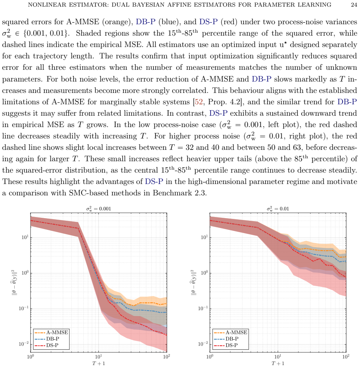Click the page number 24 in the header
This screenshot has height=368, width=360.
click(x=354, y=5)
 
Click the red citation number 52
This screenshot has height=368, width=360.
click(x=198, y=102)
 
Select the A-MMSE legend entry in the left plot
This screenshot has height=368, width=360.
click(x=51, y=332)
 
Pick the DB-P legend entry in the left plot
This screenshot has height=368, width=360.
click(x=47, y=339)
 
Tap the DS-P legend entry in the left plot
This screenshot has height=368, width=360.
click(x=47, y=345)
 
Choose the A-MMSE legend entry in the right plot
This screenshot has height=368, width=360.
click(x=231, y=332)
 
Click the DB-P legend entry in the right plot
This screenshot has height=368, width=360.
click(x=226, y=339)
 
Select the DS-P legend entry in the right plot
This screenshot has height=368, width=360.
click(x=226, y=345)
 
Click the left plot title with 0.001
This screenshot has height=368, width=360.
click(x=98, y=209)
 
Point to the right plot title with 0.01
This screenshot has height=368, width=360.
click(x=278, y=209)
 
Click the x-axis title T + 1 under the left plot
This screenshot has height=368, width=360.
click(x=98, y=364)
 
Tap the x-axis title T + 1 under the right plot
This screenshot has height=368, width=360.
click(x=278, y=364)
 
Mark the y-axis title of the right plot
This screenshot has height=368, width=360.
click(x=194, y=282)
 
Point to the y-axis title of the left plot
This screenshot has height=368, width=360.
click(x=14, y=282)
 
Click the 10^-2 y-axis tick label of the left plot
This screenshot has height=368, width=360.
click(x=24, y=344)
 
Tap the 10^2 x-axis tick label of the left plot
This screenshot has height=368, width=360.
click(x=167, y=357)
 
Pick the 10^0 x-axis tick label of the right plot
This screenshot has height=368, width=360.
click(x=210, y=357)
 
